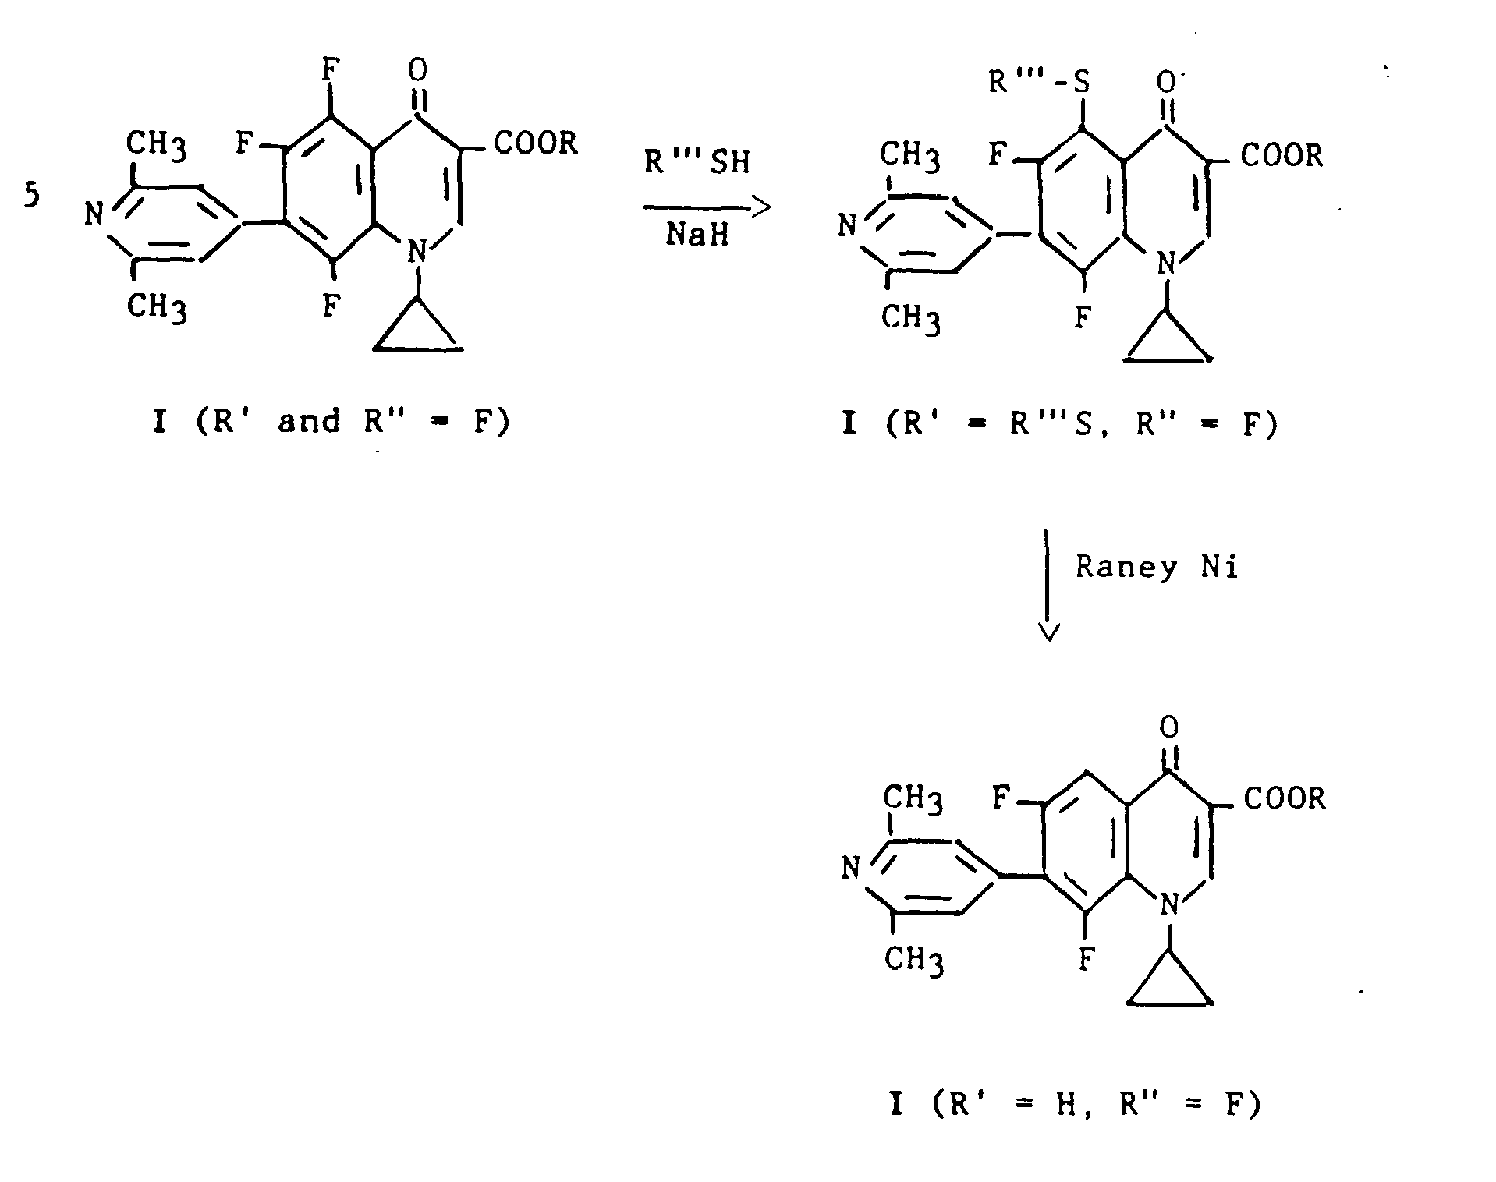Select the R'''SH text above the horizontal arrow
697,161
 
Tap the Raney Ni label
1157,568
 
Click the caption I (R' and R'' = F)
331,422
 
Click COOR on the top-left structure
535,143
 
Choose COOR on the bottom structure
1284,798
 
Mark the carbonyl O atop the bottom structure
1168,727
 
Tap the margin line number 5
30,196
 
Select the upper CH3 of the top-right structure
910,156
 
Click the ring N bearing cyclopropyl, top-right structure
1165,264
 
